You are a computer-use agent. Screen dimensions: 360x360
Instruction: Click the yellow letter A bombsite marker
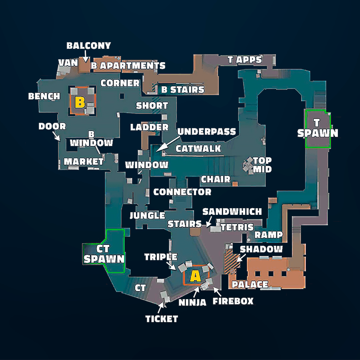195,276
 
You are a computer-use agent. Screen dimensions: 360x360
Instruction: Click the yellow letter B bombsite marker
80,102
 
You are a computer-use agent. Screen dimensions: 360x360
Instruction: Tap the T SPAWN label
317,128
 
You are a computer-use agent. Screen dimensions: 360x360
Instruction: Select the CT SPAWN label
104,254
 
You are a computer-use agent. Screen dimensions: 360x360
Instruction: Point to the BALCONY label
88,45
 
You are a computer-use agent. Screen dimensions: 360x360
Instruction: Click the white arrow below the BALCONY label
85,56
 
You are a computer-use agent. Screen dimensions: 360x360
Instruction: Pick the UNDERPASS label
206,131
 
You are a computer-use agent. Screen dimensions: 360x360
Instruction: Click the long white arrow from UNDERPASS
168,144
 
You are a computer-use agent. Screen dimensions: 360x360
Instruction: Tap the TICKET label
161,319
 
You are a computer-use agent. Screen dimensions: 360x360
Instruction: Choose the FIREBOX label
233,301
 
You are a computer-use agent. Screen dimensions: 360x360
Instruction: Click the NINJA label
192,302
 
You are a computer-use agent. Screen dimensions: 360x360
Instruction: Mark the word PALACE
250,284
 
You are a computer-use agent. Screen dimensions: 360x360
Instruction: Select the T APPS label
245,60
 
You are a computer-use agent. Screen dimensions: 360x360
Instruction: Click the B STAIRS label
183,90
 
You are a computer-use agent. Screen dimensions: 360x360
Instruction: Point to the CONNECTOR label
182,192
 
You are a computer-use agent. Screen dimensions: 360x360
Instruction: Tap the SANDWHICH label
232,211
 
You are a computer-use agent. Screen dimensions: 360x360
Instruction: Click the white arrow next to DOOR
56,136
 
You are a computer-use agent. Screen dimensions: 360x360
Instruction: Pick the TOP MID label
262,165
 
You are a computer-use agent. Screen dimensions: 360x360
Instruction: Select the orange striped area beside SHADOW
232,262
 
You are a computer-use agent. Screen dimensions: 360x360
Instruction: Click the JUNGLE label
147,215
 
